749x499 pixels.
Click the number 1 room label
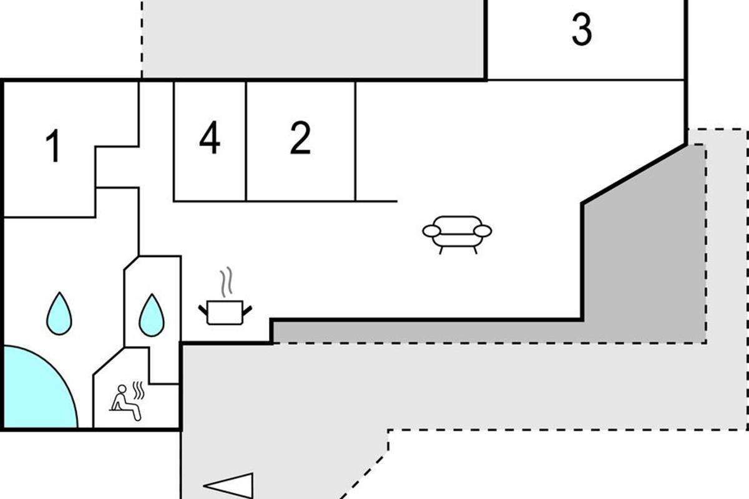click(x=54, y=146)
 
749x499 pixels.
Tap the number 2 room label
click(x=300, y=138)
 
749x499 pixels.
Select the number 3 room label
click(x=581, y=30)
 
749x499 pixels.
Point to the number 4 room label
click(x=210, y=138)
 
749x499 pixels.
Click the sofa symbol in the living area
click(x=457, y=233)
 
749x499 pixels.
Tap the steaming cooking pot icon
click(x=225, y=311)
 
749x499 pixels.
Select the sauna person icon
click(x=125, y=403)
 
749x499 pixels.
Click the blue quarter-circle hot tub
click(x=34, y=393)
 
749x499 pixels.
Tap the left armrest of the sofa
click(x=432, y=231)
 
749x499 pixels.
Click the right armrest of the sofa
click(x=482, y=231)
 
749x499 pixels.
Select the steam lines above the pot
click(x=227, y=281)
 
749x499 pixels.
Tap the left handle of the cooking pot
click(x=203, y=308)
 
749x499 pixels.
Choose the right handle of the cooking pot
click(x=248, y=308)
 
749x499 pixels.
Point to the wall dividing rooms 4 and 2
click(x=247, y=141)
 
